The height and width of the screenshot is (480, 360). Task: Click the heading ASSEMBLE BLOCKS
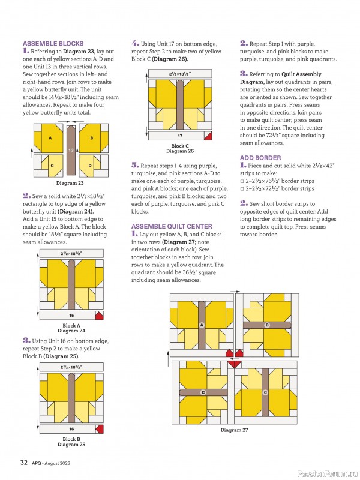pos(53,44)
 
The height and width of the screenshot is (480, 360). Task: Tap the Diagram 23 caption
pos(70,182)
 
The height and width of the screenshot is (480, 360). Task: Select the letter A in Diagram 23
pos(51,137)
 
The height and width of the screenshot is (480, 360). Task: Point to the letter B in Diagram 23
pos(91,137)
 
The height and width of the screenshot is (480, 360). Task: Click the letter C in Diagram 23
pos(52,165)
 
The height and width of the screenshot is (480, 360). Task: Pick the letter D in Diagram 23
pos(91,165)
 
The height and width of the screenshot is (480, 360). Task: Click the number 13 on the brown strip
pos(71,150)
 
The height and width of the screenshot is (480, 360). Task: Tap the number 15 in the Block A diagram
pos(71,315)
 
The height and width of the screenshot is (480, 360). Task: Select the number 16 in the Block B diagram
pos(71,429)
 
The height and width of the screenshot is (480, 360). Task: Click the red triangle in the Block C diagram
pos(208,136)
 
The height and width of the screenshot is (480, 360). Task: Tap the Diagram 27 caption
pos(234,430)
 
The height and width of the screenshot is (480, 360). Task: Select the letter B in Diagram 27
pos(267,325)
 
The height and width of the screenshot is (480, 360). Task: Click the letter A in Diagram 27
pos(202,325)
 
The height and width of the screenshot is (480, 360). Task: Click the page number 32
pos(23,462)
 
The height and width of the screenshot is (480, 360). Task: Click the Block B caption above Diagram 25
pos(71,439)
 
